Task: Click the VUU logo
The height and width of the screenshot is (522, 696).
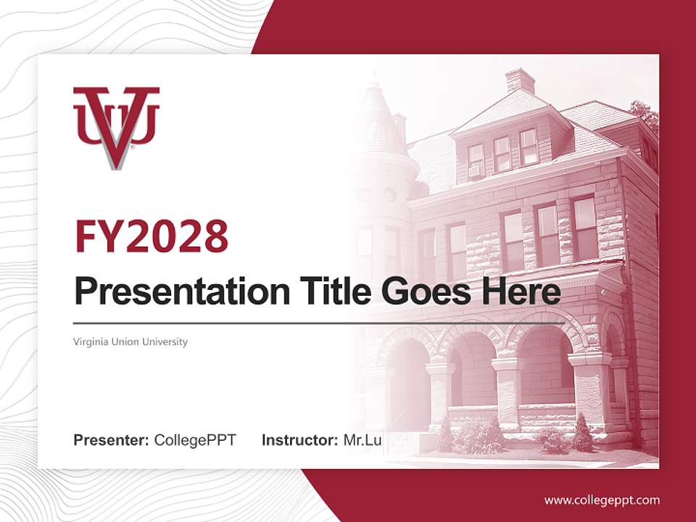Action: pyautogui.click(x=116, y=127)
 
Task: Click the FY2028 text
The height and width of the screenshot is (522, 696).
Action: pyautogui.click(x=152, y=236)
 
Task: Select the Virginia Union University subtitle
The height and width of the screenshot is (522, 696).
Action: pyautogui.click(x=130, y=341)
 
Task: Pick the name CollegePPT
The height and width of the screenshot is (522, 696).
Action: pyautogui.click(x=195, y=440)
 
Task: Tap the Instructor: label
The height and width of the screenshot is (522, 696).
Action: pyautogui.click(x=299, y=440)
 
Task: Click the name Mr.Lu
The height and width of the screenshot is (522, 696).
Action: pyautogui.click(x=362, y=440)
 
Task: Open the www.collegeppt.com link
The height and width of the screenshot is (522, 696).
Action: pyautogui.click(x=602, y=500)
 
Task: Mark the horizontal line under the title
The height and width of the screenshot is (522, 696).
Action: pyautogui.click(x=319, y=323)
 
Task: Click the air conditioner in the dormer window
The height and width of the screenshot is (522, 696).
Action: pyautogui.click(x=476, y=172)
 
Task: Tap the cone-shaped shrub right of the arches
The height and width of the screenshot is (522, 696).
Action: pyautogui.click(x=582, y=434)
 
